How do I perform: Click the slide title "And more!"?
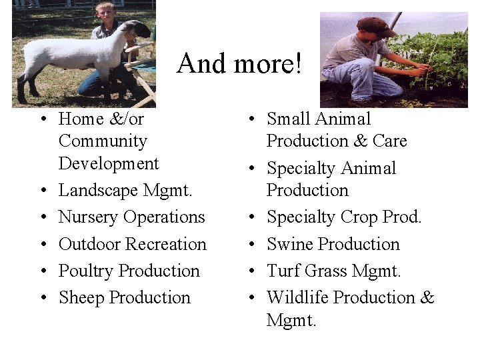(239, 64)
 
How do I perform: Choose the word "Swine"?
(290, 244)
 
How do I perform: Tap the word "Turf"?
(283, 271)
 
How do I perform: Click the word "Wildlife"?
(297, 297)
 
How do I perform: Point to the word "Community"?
(103, 141)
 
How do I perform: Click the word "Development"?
(109, 163)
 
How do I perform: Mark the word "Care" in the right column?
(390, 141)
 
